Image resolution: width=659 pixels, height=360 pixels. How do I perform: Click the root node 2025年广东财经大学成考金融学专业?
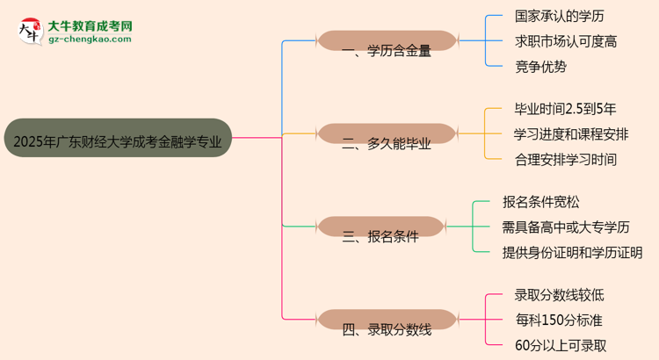118,138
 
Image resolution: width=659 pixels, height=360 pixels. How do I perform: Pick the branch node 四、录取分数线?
387,329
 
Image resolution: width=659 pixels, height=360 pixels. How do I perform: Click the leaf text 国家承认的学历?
559,16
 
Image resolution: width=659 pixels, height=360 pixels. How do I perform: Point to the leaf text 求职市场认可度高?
565,40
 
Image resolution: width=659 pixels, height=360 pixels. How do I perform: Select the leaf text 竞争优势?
540,66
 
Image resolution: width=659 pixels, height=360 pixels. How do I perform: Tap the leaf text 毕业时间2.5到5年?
565,109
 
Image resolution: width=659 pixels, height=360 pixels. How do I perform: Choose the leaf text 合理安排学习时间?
565,160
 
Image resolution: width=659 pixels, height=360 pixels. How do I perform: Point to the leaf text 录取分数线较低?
559,295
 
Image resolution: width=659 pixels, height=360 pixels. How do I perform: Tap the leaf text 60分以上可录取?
560,346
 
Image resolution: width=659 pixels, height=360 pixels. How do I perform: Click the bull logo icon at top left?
29,31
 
